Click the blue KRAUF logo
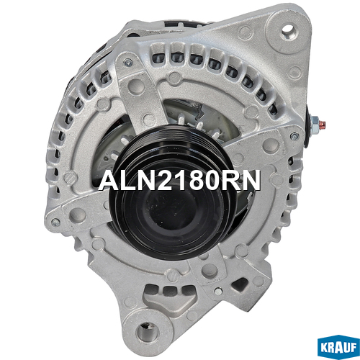338,346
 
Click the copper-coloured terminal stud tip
323,125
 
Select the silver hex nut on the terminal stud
315,124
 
